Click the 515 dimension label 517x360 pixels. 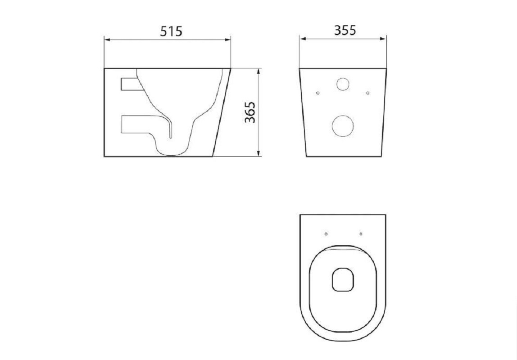pyautogui.click(x=171, y=31)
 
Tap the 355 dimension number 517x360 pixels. pyautogui.click(x=345, y=30)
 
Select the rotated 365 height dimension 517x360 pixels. pyautogui.click(x=250, y=112)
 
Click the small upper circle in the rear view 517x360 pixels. pyautogui.click(x=343, y=84)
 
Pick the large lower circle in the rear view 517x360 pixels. pyautogui.click(x=343, y=126)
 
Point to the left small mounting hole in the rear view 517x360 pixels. pyautogui.click(x=318, y=93)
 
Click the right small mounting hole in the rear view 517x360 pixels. pyautogui.click(x=368, y=93)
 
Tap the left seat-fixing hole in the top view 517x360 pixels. pyautogui.click(x=326, y=234)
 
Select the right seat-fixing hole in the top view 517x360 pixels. pyautogui.click(x=361, y=234)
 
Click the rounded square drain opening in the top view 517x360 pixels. pyautogui.click(x=343, y=279)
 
